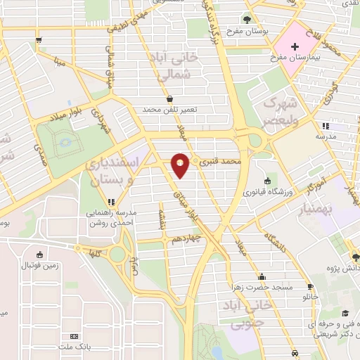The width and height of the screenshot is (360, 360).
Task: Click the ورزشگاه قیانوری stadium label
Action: click(264, 189)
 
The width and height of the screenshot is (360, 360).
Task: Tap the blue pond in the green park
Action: click(66, 143)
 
